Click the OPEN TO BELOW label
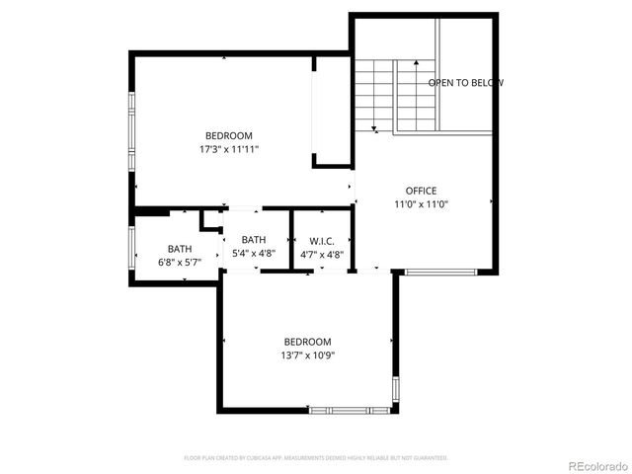click(x=465, y=83)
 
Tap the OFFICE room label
click(x=421, y=191)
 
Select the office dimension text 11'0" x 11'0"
click(x=421, y=204)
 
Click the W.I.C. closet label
click(x=322, y=241)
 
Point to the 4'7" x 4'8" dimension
click(x=322, y=255)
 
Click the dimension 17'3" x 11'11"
click(x=228, y=149)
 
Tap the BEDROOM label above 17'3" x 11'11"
click(x=228, y=135)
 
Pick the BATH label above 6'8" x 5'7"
click(x=179, y=249)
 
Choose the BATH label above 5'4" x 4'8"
click(x=254, y=240)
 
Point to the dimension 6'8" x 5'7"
click(x=179, y=263)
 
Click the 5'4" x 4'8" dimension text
click(x=254, y=254)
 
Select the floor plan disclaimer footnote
click(x=316, y=458)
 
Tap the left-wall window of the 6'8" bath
click(x=132, y=247)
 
